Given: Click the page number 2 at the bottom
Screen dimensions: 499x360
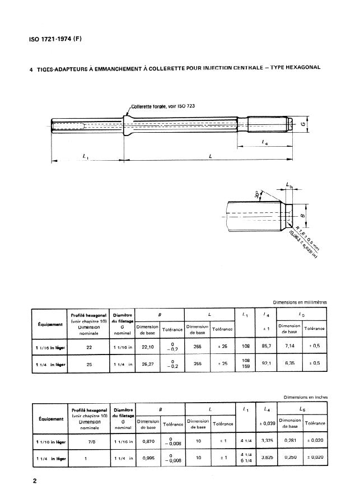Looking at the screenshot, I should coord(34,480).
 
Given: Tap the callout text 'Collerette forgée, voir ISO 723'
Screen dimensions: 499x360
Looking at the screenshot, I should coord(162,106).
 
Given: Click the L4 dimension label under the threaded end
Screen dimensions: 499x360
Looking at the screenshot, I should coord(264,144).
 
